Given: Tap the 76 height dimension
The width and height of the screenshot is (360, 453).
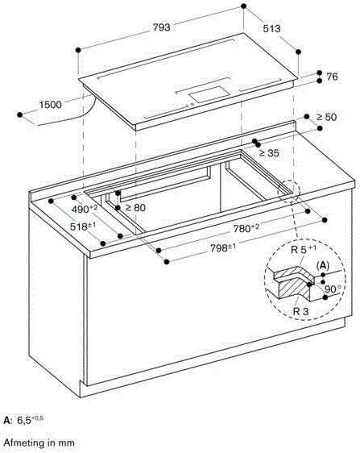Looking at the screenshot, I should [331, 77].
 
